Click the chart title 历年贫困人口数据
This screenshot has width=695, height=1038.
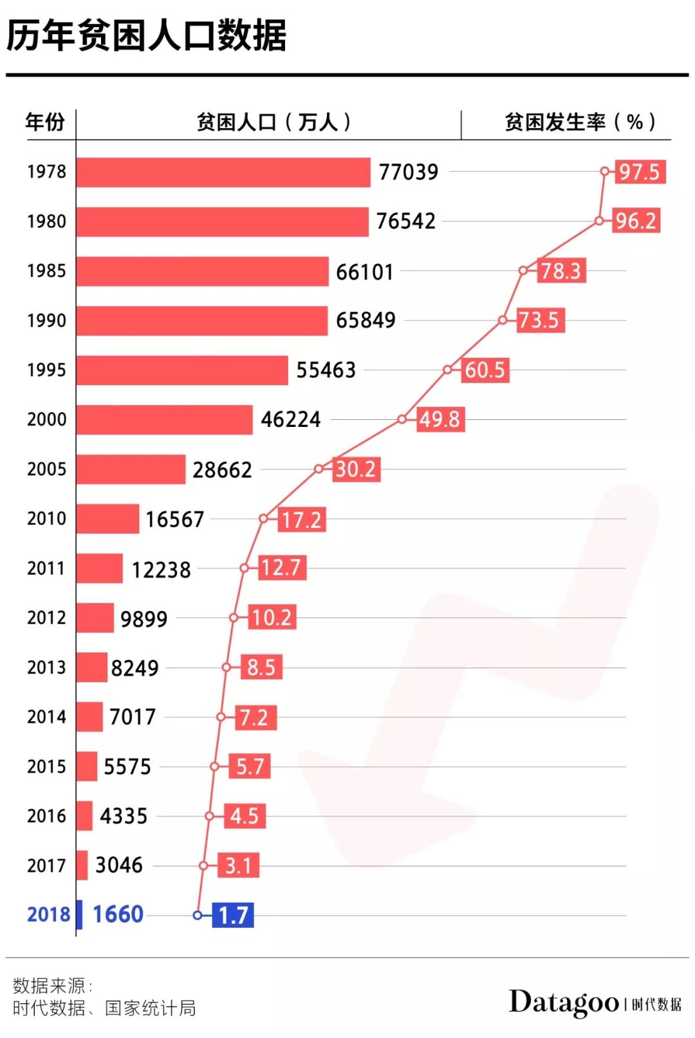pos(146,35)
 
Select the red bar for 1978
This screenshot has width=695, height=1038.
pos(223,173)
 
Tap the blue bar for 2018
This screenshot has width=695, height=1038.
pos(79,914)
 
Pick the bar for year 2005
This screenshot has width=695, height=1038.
pos(131,469)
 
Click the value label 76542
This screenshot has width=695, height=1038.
pos(405,222)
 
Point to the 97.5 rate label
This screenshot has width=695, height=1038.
pos(639,172)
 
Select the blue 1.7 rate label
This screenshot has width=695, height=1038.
pos(233,915)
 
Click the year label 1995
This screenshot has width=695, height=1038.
pos(46,370)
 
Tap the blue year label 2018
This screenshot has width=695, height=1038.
pos(48,914)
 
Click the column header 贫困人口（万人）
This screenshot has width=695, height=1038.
pos(273,122)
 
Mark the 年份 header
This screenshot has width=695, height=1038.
pos(45,122)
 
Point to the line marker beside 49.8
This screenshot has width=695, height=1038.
pos(402,419)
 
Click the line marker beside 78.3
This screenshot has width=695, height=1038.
pos(523,270)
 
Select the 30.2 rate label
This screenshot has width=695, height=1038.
pos(356,469)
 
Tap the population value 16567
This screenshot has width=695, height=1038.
pos(174,519)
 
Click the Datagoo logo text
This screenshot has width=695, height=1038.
pos(564,1003)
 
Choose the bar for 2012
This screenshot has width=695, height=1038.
pos(95,618)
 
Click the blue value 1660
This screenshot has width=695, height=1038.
pos(118,914)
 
